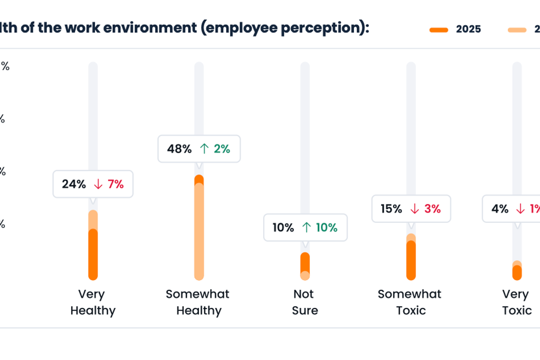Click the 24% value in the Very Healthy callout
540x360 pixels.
tap(74, 184)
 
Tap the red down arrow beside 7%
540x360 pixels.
tap(98, 184)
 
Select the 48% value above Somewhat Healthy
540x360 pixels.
tap(179, 149)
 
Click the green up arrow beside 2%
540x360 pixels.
tap(204, 149)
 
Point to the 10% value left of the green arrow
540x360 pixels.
tap(283, 228)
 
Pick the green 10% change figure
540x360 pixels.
tap(326, 228)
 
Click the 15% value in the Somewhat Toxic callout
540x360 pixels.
tap(391, 209)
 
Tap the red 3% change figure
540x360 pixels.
tap(432, 209)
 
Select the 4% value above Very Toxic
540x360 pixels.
tap(500, 209)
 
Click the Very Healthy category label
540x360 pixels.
tap(92, 302)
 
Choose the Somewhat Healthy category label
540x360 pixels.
tap(198, 302)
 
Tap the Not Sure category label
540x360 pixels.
tap(305, 302)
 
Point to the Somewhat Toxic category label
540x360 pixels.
tap(410, 302)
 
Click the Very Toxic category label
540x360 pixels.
tap(516, 302)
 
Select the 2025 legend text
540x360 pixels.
tap(468, 29)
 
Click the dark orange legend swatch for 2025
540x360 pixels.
tap(438, 30)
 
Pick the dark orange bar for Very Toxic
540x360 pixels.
tap(517, 273)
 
